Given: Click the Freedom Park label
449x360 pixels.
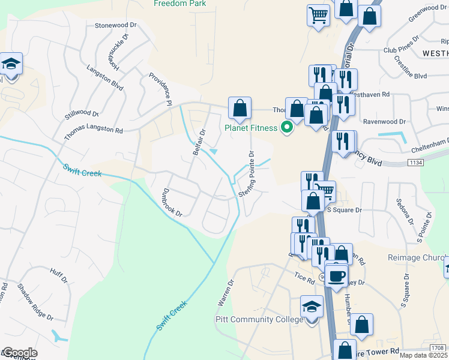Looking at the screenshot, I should pos(179,4).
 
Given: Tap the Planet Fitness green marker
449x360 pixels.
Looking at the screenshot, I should pos(287,127).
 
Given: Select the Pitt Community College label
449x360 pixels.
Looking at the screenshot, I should pos(259,320).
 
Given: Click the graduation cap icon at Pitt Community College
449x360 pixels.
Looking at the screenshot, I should pos(312,308).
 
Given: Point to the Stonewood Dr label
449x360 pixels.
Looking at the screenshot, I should pos(116,26).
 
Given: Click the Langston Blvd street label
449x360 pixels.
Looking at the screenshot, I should pos(104,79).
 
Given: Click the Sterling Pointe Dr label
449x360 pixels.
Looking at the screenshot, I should pos(247,174).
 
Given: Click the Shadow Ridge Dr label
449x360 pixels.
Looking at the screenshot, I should pos(35,302).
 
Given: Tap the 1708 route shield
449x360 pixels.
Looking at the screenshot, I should pos(438,348).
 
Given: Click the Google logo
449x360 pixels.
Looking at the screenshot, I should pos(19,353).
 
